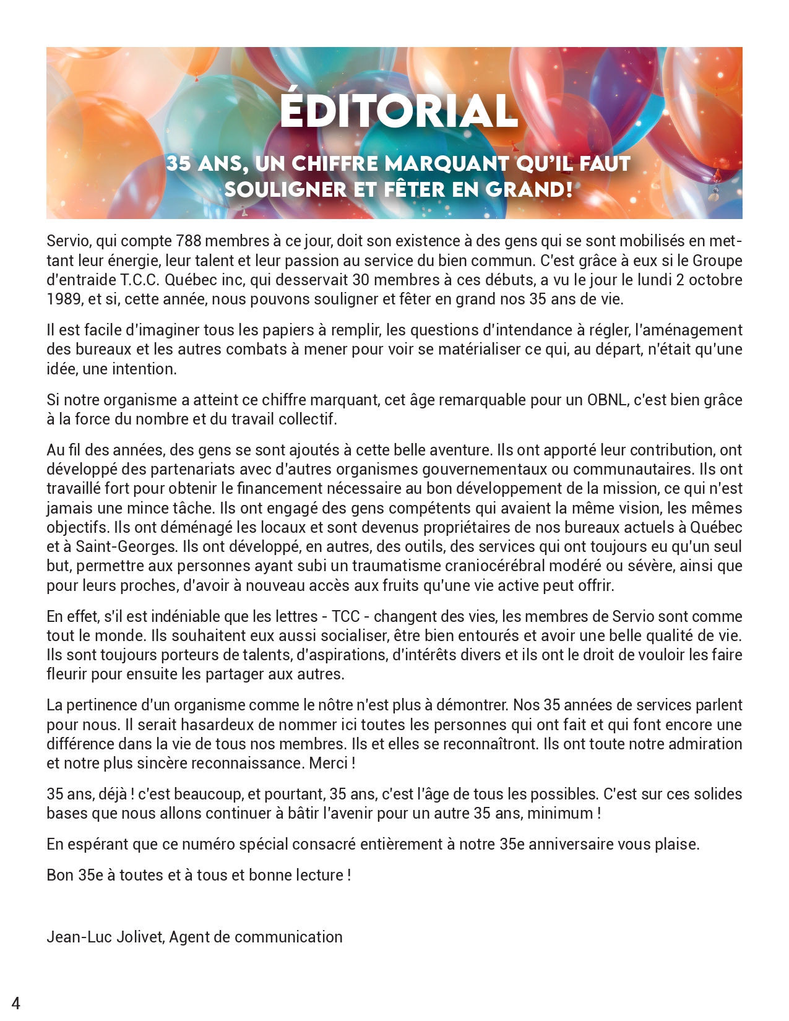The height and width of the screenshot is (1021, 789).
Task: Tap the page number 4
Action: [16, 1003]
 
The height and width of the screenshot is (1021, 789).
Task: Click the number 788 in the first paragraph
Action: [188, 241]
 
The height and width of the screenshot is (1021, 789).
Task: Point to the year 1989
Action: [64, 299]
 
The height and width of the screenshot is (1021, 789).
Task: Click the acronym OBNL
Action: [606, 400]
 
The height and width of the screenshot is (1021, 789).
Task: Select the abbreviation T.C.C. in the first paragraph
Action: [139, 280]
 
